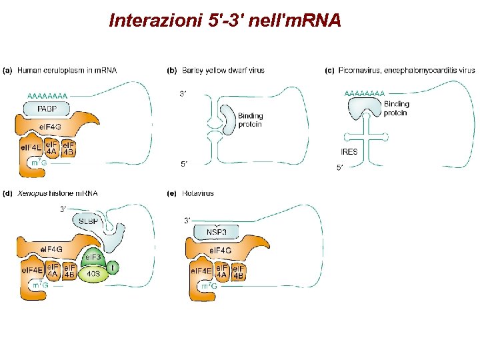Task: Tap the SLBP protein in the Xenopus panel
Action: coord(89,222)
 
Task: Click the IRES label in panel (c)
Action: coord(349,152)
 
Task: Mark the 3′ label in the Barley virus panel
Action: coord(183,94)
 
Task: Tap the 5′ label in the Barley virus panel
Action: coord(183,163)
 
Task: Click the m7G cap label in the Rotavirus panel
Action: coord(208,287)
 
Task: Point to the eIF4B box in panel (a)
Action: coord(68,147)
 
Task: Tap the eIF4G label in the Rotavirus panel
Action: coord(221,251)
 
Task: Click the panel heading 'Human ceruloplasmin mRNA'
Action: coord(67,70)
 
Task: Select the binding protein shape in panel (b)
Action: coord(227,120)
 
